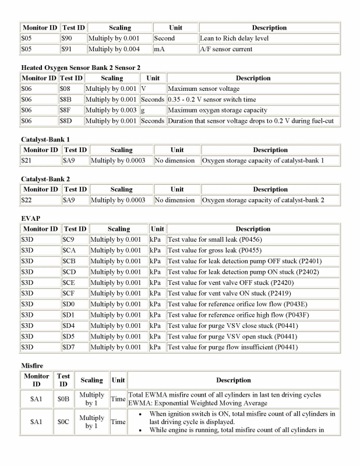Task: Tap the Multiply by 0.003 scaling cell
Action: [111, 110]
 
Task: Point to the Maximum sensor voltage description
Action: [202, 89]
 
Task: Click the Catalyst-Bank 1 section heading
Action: [45, 140]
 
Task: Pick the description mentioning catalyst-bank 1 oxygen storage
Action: [263, 160]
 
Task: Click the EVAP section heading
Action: [30, 219]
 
